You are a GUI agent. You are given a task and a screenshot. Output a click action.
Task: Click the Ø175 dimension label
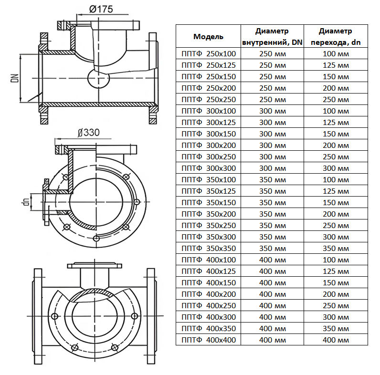(x=101, y=9)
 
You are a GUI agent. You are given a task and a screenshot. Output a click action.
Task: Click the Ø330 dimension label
(x=88, y=133)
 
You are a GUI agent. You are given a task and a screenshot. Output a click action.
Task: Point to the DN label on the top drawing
(x=15, y=78)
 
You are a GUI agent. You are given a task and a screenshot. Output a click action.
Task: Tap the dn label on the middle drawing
(x=26, y=202)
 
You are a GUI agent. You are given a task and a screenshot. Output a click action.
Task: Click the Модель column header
(x=208, y=37)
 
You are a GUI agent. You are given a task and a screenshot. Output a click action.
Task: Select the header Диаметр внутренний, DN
(x=272, y=37)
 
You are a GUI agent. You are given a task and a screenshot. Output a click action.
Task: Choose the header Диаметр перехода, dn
(x=336, y=37)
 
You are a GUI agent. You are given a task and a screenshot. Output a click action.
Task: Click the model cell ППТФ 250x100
(x=209, y=53)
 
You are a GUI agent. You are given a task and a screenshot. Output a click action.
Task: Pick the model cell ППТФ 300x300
(x=209, y=168)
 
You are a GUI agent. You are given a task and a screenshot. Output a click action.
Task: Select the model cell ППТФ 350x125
(x=209, y=191)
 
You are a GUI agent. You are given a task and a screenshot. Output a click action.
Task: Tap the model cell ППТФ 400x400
(x=209, y=340)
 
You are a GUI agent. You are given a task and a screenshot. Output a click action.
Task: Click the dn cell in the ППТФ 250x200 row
(x=336, y=88)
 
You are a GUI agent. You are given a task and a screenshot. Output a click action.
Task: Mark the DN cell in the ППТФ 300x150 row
(x=273, y=134)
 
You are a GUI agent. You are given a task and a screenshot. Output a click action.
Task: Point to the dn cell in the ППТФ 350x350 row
(x=336, y=248)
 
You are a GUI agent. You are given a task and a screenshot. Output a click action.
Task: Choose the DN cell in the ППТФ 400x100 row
(x=273, y=260)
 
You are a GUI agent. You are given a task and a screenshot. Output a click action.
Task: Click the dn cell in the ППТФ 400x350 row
(x=336, y=329)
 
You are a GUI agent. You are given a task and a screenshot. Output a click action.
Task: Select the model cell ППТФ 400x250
(x=209, y=305)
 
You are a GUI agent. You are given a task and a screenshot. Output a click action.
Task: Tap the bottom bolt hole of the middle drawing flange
(x=96, y=239)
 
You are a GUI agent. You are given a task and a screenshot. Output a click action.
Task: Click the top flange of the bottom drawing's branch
(x=94, y=265)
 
